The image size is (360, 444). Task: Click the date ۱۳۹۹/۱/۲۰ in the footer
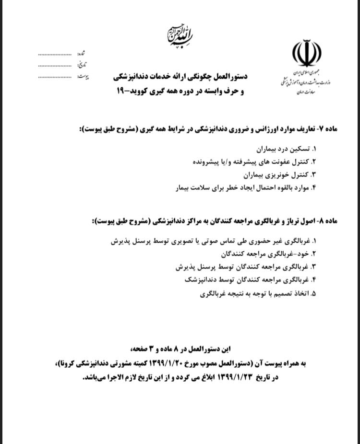coord(168,363)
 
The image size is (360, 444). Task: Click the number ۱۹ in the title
coord(120,90)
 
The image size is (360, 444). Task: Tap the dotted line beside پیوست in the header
coord(57,77)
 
